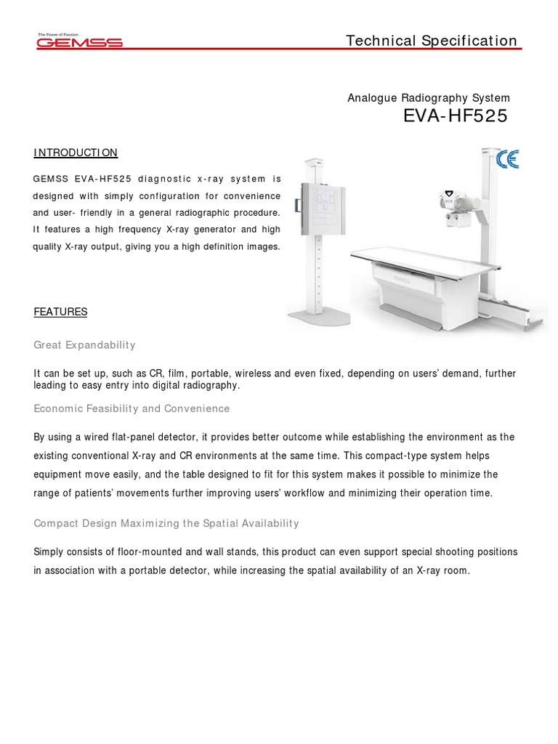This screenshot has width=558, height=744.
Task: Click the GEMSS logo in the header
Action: [79, 41]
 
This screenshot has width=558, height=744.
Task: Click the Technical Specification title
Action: [432, 41]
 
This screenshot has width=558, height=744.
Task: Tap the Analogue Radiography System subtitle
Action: [429, 98]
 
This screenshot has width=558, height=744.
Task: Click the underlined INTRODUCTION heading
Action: [76, 153]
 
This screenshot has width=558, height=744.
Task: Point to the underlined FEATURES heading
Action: [60, 312]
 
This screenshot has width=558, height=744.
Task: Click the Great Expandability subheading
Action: [84, 344]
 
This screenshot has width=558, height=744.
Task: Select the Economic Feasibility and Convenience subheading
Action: [132, 408]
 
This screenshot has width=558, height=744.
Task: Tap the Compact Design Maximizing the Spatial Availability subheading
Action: [166, 523]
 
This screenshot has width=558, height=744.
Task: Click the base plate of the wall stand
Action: [318, 316]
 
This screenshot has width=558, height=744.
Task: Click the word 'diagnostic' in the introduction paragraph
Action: [163, 178]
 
